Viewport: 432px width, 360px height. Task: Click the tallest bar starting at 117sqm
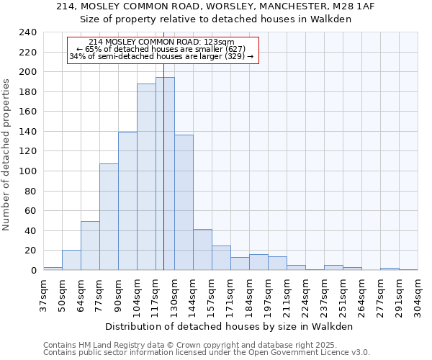click(165, 174)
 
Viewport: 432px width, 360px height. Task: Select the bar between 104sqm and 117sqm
click(146, 176)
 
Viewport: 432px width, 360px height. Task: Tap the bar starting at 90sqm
click(127, 201)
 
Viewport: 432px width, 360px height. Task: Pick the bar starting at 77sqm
click(109, 217)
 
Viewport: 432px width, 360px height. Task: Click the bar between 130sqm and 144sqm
click(184, 202)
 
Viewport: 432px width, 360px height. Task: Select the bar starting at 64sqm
click(90, 246)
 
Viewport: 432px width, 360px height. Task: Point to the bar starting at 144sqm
click(202, 249)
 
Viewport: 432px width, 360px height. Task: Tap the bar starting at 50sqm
click(71, 260)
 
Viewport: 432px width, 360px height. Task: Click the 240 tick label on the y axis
click(27, 32)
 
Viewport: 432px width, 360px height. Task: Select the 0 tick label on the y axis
click(33, 270)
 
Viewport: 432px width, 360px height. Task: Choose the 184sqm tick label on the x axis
click(249, 295)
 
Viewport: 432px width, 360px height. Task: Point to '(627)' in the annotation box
click(233, 49)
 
